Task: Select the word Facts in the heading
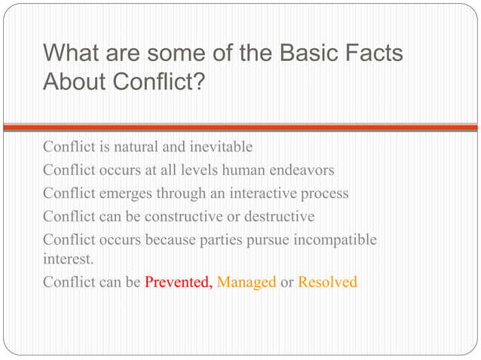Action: tap(373, 55)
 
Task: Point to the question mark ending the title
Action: tap(198, 81)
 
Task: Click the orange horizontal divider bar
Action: tap(240, 127)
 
